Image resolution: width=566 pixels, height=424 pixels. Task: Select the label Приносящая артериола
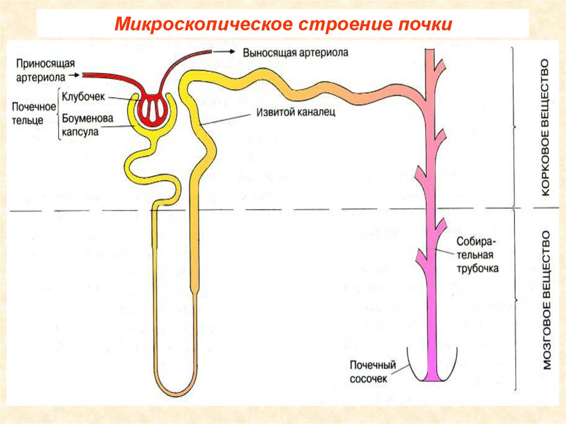point(45,69)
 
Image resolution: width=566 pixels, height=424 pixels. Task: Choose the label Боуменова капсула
point(87,125)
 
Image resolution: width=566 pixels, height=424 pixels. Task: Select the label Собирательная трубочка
point(478,255)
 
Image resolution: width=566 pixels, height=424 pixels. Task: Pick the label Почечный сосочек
point(374,371)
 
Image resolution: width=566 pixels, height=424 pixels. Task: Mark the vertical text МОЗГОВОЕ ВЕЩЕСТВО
point(547,299)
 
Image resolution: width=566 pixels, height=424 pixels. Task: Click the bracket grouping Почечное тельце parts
point(59,113)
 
